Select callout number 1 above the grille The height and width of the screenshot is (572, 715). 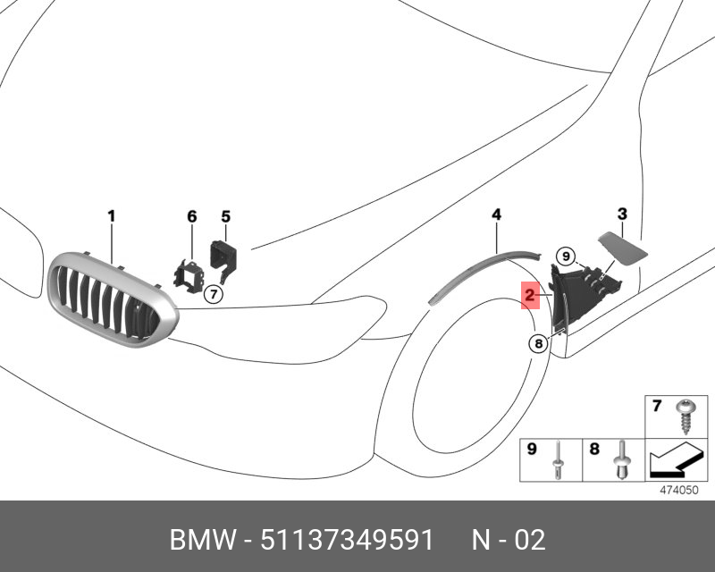112,215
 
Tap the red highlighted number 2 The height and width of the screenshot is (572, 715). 530,294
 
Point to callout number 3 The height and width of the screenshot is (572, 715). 622,214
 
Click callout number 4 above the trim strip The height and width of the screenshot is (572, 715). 496,214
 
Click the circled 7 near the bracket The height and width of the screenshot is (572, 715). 213,294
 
